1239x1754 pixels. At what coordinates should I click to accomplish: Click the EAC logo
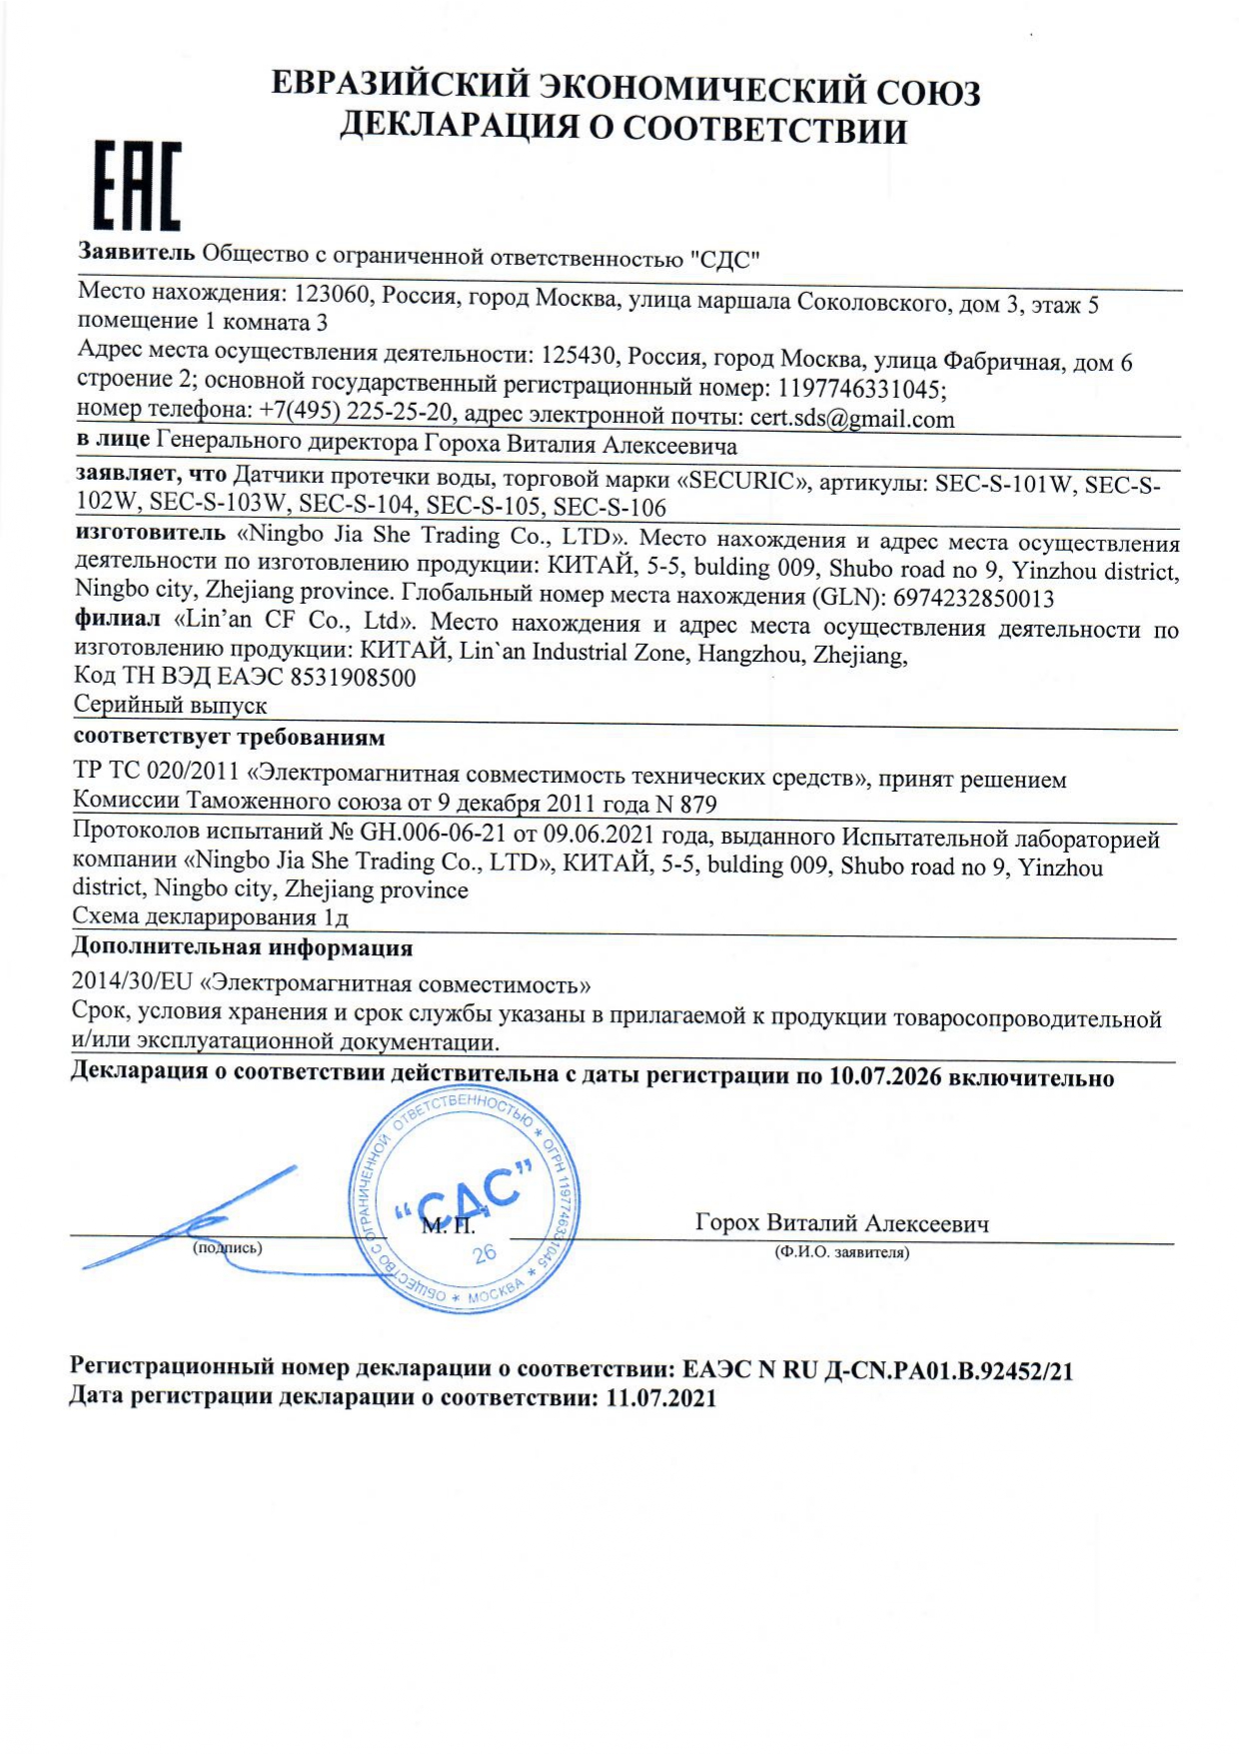[137, 186]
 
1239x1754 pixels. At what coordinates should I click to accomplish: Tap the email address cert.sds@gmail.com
[851, 419]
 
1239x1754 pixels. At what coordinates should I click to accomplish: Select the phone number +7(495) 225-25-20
[356, 412]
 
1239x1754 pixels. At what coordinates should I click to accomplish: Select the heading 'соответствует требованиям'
[229, 738]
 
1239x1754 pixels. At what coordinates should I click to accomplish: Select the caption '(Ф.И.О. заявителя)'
[841, 1252]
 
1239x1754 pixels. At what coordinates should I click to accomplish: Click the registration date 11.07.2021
[660, 1397]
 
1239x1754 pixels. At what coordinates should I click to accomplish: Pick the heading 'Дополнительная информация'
[242, 947]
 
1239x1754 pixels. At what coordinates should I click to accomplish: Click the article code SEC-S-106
[610, 508]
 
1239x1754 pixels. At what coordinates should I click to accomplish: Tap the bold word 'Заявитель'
[137, 252]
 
